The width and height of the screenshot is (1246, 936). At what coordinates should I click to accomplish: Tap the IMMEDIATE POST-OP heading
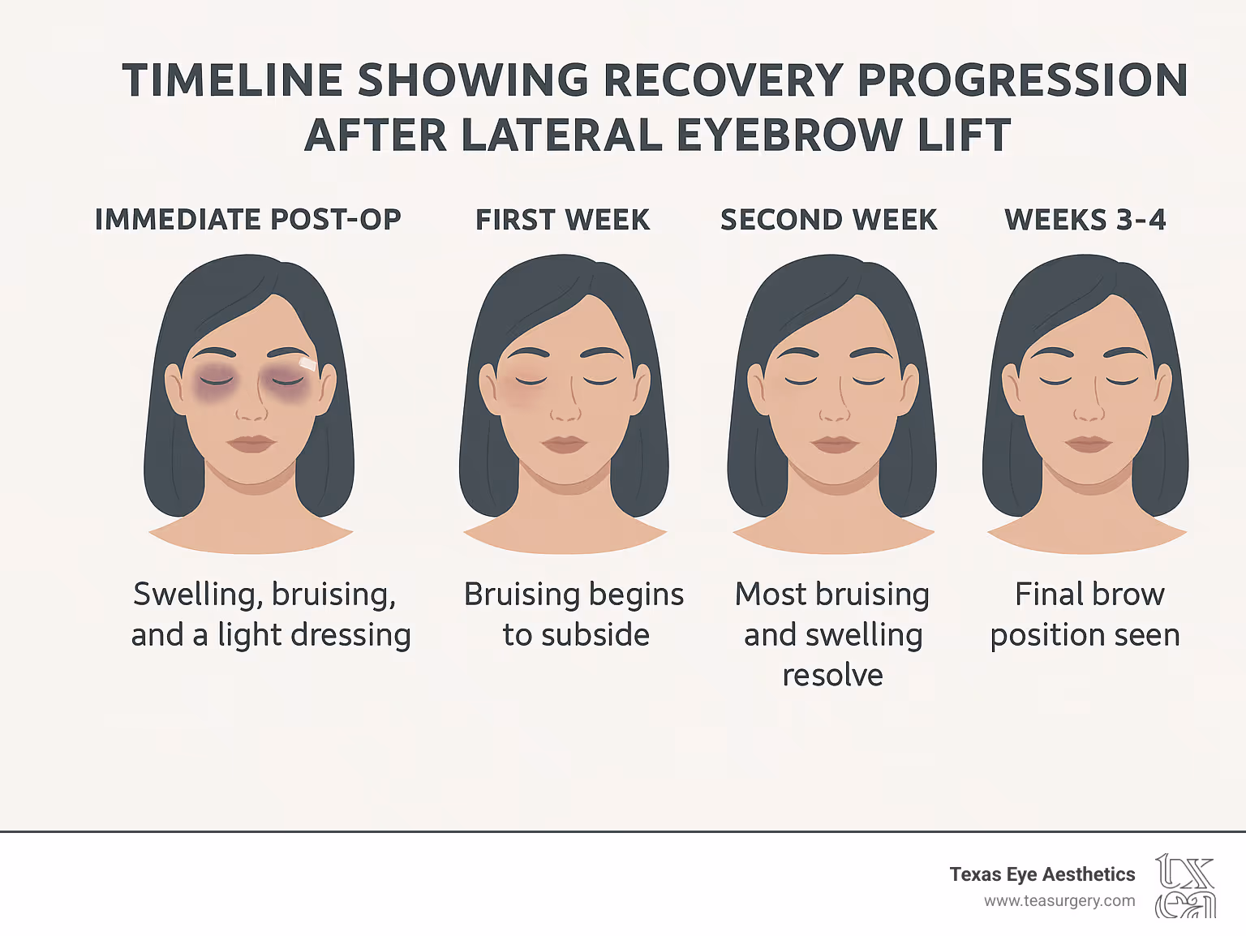tap(247, 220)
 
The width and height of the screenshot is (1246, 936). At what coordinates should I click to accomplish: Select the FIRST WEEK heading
tap(562, 220)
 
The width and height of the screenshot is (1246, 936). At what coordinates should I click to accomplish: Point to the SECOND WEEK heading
tap(828, 220)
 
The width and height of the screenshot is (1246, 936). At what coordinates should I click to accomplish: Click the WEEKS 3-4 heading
tap(1085, 220)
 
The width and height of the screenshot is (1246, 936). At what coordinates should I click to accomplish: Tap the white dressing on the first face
tap(308, 364)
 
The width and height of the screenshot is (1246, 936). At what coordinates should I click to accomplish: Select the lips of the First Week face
tap(564, 444)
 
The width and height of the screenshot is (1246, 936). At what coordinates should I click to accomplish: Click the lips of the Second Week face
tap(834, 444)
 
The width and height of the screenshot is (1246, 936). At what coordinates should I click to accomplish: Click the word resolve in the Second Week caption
tap(832, 675)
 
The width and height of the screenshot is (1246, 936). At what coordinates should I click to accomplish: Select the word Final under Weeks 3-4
tap(1049, 595)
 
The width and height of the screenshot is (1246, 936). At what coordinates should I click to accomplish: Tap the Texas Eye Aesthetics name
tap(1042, 874)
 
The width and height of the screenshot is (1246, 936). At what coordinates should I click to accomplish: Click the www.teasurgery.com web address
tap(1059, 901)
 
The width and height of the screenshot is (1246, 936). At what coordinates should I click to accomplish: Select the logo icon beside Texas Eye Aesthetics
tap(1185, 886)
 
